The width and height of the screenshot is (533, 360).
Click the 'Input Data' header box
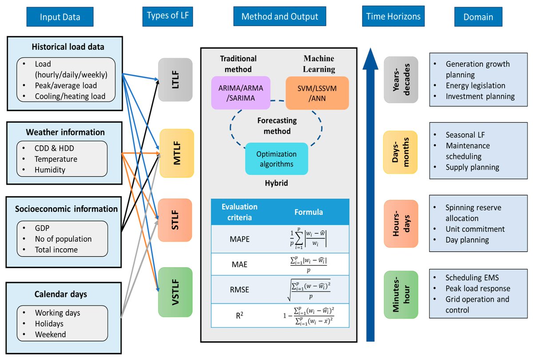(x=60, y=17)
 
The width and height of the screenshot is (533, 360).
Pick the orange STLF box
(x=175, y=220)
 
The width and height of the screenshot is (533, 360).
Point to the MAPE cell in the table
(x=240, y=239)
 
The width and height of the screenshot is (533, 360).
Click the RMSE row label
(x=240, y=290)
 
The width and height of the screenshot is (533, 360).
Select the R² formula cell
(x=309, y=316)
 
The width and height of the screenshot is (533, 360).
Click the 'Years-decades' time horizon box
(x=401, y=79)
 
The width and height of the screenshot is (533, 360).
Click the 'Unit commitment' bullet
(x=475, y=229)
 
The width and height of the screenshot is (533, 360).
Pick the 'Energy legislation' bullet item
(x=475, y=85)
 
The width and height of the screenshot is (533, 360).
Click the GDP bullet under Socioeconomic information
(x=43, y=228)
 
